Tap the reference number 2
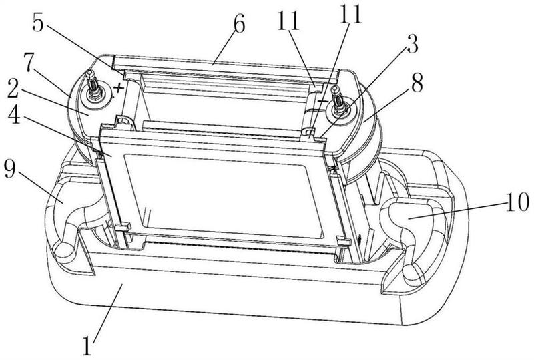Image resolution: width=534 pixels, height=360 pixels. (x=14, y=89)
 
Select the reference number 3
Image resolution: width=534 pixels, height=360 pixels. (x=412, y=43)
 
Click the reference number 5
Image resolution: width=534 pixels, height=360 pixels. (x=38, y=23)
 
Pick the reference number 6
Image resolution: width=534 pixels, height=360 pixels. (x=239, y=24)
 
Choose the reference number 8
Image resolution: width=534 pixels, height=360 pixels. (x=417, y=83)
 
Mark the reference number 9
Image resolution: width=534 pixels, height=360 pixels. (x=10, y=168)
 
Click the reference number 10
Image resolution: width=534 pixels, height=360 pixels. (x=517, y=202)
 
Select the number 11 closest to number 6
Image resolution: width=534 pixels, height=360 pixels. (x=288, y=21)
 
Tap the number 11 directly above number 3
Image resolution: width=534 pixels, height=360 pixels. (x=351, y=14)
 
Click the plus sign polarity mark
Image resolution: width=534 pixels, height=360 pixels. (x=118, y=88)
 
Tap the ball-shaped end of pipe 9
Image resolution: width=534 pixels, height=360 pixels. (x=64, y=250)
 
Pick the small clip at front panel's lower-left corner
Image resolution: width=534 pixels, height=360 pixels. (x=123, y=226)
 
